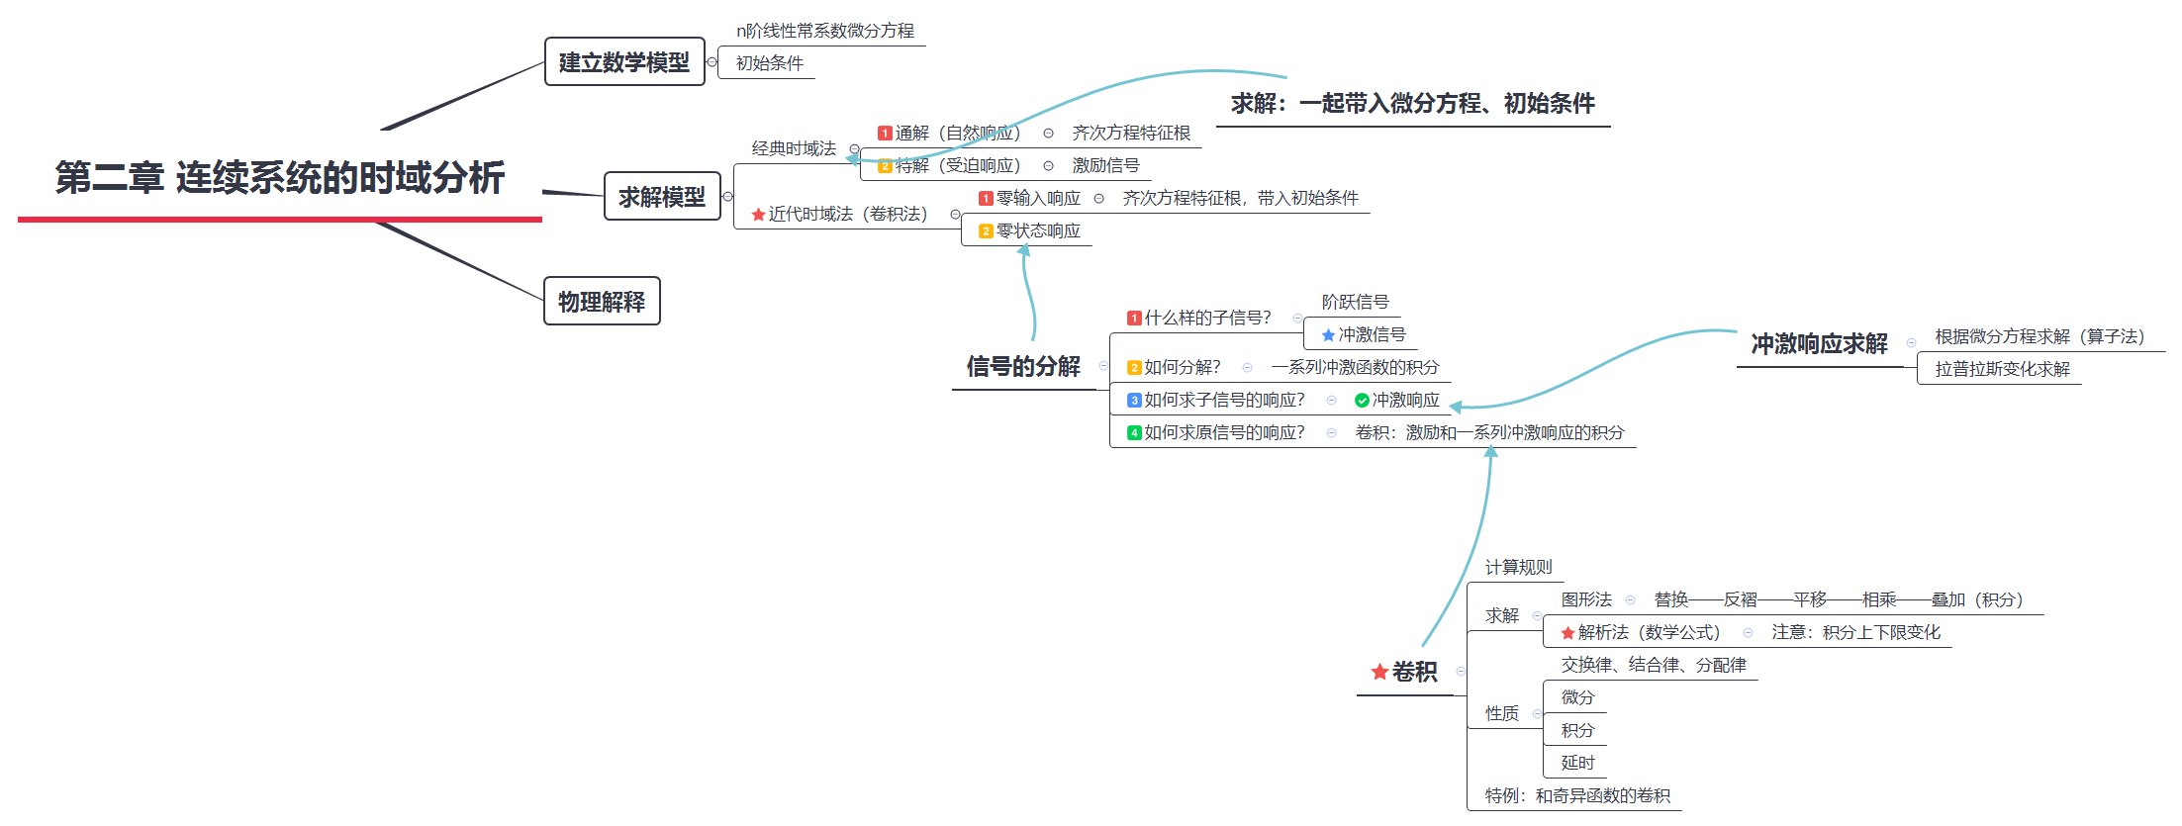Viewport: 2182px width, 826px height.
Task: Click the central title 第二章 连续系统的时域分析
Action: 280,178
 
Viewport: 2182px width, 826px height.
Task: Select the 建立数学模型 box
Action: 624,62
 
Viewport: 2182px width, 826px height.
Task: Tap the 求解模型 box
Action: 662,197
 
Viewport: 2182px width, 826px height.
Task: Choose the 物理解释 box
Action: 602,302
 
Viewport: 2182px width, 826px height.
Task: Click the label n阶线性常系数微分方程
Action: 825,31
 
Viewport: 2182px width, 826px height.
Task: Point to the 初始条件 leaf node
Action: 769,63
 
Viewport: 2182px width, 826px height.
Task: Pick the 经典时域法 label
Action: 794,148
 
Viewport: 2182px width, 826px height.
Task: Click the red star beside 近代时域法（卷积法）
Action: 758,215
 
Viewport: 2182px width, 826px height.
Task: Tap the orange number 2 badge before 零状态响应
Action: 986,231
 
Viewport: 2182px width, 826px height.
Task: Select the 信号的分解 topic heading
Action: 1023,367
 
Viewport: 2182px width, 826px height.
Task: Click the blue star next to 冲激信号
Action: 1328,335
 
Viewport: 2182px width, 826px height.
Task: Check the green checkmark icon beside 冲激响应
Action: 1362,401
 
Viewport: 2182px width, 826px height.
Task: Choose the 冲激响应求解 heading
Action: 1819,344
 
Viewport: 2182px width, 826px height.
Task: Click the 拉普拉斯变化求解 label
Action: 2002,369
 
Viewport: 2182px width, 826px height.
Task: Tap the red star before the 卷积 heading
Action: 1379,673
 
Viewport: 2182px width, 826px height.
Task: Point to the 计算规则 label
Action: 1518,567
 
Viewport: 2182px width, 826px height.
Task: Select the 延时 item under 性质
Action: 1577,763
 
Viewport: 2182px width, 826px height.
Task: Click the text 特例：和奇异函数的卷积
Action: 1577,795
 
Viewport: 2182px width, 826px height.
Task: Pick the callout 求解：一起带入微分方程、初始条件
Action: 1412,103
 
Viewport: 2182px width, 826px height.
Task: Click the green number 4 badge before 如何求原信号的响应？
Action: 1134,433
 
